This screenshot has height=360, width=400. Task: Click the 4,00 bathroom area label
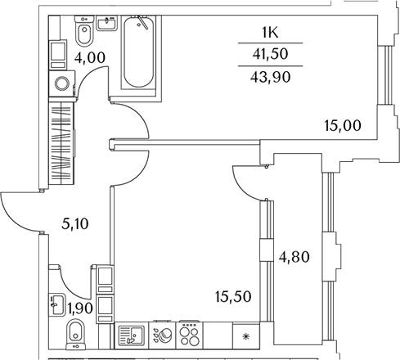click(x=90, y=58)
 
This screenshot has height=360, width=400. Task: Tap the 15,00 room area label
click(x=343, y=126)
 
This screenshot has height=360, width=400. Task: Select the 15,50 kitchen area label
click(x=233, y=297)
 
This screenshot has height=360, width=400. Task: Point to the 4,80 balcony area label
click(x=294, y=257)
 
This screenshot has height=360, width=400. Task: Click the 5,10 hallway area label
click(x=75, y=224)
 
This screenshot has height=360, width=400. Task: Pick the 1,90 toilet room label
click(x=80, y=308)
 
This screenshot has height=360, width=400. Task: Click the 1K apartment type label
click(x=270, y=33)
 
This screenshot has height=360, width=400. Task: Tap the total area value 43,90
click(x=271, y=77)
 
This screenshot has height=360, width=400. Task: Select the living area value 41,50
click(x=270, y=54)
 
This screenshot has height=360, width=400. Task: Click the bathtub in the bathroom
click(x=138, y=52)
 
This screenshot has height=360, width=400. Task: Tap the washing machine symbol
click(x=62, y=83)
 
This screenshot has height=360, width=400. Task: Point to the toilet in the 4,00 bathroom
click(x=84, y=31)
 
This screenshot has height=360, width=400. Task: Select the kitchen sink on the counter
click(x=132, y=335)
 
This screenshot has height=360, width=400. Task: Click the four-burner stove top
click(x=190, y=335)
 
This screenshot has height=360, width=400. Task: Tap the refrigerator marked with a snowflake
click(x=246, y=335)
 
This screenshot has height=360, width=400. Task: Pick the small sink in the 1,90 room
click(x=57, y=304)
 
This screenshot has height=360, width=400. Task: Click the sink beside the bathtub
click(x=107, y=23)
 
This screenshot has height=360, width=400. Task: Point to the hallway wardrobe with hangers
click(x=61, y=143)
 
